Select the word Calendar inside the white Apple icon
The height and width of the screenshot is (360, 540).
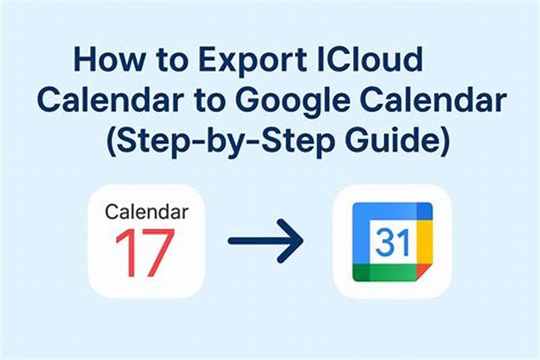(x=146, y=212)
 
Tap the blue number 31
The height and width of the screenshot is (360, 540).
(x=392, y=240)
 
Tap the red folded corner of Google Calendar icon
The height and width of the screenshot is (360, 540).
(x=423, y=272)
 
